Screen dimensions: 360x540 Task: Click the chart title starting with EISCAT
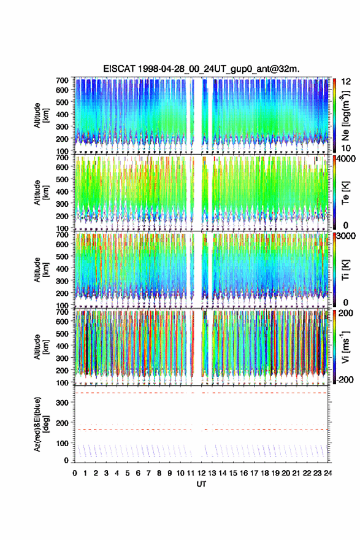[201, 69]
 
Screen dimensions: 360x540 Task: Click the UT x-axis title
[201, 484]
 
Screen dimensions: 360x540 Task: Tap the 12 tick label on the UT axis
[201, 473]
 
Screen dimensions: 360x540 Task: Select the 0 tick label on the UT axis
[75, 473]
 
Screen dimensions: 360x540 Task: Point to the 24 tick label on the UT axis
[327, 473]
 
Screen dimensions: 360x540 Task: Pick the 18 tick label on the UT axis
[265, 473]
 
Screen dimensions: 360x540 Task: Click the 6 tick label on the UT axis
[138, 473]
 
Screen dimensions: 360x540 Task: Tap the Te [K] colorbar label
[345, 193]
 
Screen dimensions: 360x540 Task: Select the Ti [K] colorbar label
[345, 270]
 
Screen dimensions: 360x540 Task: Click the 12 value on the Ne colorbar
[347, 81]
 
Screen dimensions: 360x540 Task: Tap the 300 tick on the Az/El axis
[63, 403]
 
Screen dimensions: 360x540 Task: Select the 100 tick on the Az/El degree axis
[63, 443]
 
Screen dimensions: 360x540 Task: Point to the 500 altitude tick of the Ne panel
[63, 102]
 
